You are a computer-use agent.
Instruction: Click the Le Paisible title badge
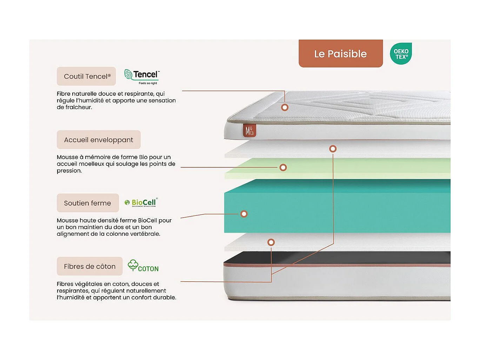point(340,54)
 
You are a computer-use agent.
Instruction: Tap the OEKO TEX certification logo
point(401,54)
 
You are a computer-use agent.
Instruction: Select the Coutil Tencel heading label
point(86,76)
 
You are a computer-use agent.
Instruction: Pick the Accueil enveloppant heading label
point(99,140)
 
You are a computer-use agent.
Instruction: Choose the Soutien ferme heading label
point(88,203)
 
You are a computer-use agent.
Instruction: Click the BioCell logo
point(141,202)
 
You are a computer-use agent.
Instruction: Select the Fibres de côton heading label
point(89,266)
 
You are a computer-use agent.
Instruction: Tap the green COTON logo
point(143,266)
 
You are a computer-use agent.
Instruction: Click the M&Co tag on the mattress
point(249,131)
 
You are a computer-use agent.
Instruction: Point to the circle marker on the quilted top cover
point(285,107)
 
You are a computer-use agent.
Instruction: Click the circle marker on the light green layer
point(283,168)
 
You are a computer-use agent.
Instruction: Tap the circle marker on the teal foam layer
point(244,214)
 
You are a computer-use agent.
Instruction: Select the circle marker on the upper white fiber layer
point(333,149)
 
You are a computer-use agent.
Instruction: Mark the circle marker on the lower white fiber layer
point(271,242)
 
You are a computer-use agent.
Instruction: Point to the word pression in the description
point(69,171)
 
